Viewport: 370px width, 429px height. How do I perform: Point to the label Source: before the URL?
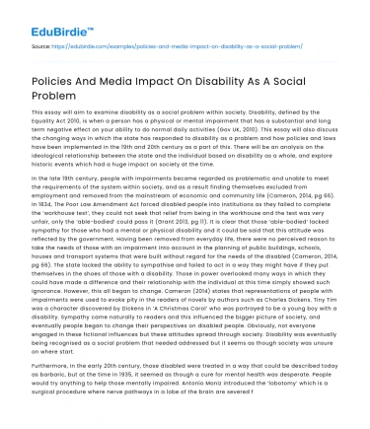(x=42, y=46)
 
